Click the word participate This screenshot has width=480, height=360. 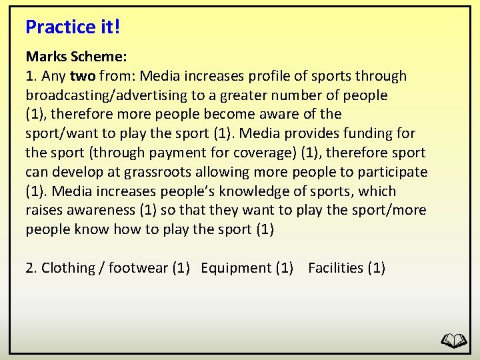(x=393, y=172)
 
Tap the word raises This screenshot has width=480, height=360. (x=45, y=211)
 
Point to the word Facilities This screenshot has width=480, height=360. (x=335, y=268)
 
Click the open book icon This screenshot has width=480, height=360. (x=455, y=341)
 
